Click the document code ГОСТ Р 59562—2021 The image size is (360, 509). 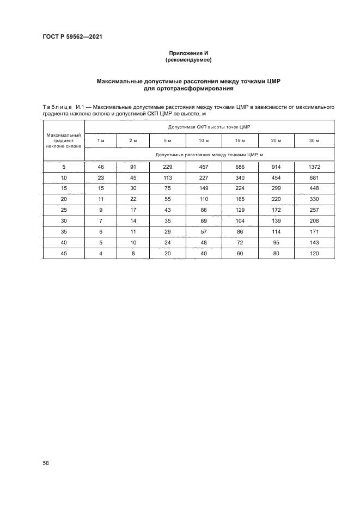tap(72, 37)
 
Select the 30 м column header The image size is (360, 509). tap(314, 141)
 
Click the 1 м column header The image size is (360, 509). tap(101, 141)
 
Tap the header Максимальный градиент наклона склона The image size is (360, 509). tap(64, 140)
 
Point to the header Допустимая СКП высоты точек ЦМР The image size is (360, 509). tap(209, 127)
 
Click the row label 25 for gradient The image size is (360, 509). tap(64, 210)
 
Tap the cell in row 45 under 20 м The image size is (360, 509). tap(276, 253)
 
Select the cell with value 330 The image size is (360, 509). tap(314, 199)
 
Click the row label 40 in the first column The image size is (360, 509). tap(64, 242)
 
